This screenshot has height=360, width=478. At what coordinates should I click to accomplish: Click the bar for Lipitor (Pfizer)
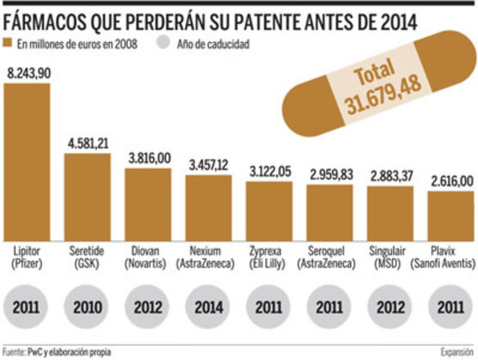[x=27, y=160]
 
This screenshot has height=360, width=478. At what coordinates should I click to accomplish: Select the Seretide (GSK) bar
[x=87, y=196]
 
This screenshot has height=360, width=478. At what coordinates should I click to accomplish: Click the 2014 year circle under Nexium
[x=208, y=307]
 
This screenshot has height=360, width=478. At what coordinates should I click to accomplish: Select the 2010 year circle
[x=87, y=307]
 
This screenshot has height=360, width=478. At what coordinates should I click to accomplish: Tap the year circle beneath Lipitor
[x=27, y=307]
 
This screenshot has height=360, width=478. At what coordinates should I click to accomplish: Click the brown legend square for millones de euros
[x=8, y=43]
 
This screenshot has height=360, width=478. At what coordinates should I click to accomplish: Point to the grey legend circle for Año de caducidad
[x=165, y=43]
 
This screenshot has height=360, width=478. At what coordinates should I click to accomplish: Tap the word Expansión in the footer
[x=456, y=351]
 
